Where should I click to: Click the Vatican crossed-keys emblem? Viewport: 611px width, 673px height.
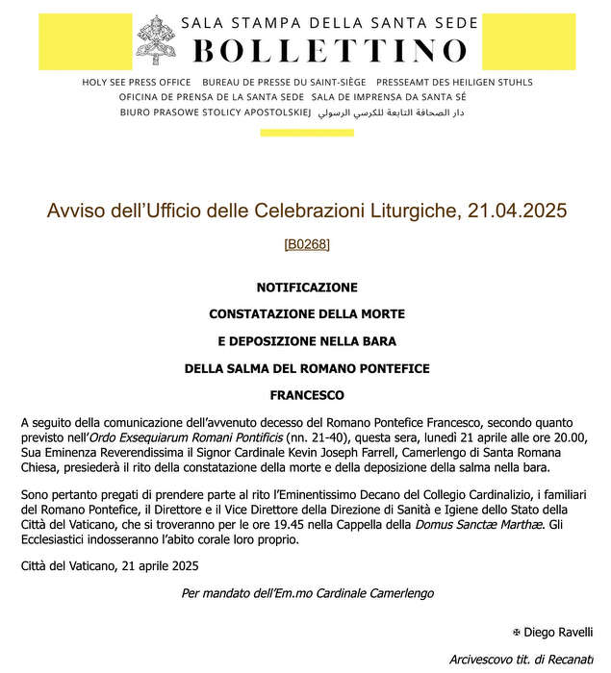156,39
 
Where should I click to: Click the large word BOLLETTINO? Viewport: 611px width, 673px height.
330,50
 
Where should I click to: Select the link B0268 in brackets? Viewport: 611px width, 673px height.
307,244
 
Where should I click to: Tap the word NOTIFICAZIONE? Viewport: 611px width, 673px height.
307,287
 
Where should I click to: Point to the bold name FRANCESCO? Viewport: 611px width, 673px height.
307,395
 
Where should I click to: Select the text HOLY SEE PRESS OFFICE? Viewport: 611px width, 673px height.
136,83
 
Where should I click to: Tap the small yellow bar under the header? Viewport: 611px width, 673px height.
307,133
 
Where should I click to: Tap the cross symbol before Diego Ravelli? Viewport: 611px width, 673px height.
517,632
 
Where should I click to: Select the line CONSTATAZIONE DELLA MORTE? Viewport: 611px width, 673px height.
307,314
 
